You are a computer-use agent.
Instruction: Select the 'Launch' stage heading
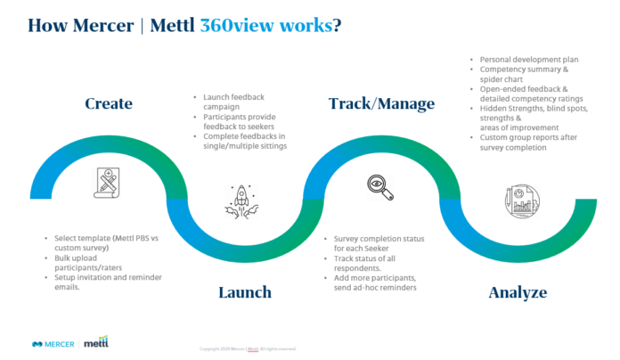(x=244, y=292)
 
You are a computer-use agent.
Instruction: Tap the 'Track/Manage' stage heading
(x=381, y=104)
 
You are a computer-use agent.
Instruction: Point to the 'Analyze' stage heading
(x=518, y=292)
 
